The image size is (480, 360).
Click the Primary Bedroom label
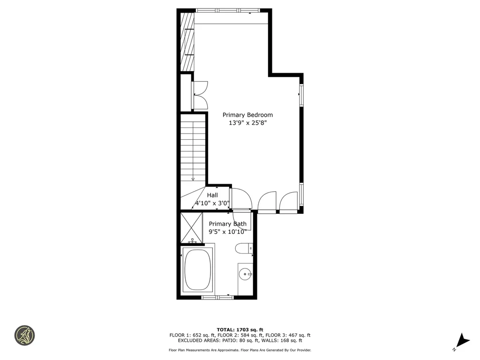coord(247,115)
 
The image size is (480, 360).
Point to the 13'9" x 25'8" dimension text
coord(247,123)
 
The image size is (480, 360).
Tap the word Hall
coord(212,195)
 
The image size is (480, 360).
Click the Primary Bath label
coord(227,224)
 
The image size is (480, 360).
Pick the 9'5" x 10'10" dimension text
coord(227,232)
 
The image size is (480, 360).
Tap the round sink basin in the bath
coord(245,273)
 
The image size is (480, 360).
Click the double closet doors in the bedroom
coord(200,95)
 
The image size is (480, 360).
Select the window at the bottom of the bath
coord(217,297)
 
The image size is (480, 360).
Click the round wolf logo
coord(24,335)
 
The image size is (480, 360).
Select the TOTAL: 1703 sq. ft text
coord(240,330)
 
